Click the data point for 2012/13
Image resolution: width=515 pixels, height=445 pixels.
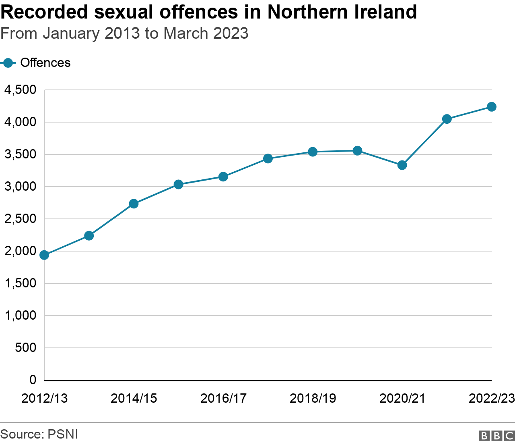click(x=44, y=255)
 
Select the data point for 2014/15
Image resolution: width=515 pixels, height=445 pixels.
click(x=134, y=204)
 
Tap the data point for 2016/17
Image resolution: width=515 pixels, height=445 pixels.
click(x=223, y=177)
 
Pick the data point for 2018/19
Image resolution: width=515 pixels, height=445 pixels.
click(x=313, y=152)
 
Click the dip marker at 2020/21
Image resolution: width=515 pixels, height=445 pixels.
click(x=402, y=165)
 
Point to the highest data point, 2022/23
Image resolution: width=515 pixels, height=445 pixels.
click(x=491, y=106)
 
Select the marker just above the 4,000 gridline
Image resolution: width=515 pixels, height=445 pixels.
click(x=447, y=119)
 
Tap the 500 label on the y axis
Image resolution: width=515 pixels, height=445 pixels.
click(x=25, y=347)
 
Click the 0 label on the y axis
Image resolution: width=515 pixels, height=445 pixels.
click(x=33, y=380)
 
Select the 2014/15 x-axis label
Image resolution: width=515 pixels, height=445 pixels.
click(x=134, y=398)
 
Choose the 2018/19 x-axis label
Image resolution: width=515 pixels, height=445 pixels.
click(x=313, y=398)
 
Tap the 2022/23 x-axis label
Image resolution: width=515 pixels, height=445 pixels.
click(x=491, y=398)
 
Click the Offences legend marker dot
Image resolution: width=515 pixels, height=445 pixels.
click(x=8, y=63)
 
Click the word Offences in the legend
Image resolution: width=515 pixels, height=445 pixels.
click(x=45, y=63)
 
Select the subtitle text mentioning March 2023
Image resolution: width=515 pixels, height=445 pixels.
click(x=125, y=33)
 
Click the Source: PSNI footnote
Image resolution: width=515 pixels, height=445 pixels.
click(x=39, y=434)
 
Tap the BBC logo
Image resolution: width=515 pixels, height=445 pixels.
click(x=496, y=435)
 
